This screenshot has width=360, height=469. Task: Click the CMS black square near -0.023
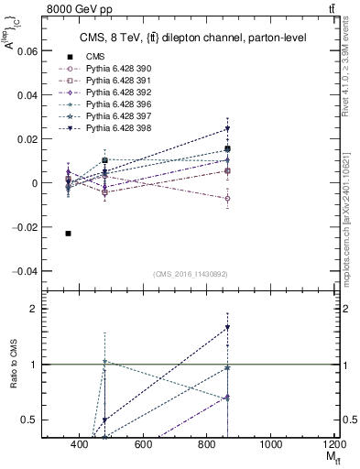click(69, 234)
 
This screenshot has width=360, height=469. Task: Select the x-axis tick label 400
click(80, 444)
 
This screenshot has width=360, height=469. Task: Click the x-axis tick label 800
click(207, 444)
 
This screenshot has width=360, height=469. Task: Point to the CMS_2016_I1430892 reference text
click(190, 273)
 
